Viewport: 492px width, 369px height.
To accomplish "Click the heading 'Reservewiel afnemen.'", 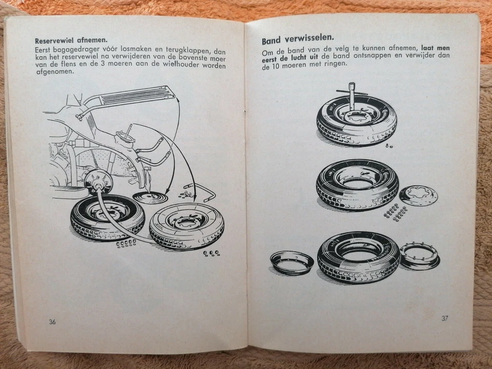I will (x=74, y=39).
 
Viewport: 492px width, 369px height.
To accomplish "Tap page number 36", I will (x=52, y=322).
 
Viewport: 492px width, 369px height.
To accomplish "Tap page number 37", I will (x=444, y=318).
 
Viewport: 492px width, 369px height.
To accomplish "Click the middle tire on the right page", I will (x=357, y=188).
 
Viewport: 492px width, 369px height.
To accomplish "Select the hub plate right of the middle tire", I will (x=418, y=195).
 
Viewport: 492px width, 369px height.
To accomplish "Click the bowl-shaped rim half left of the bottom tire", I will (x=292, y=262).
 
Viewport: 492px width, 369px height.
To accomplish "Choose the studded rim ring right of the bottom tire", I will (x=419, y=255).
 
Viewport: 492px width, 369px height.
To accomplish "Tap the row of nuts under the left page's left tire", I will (x=126, y=243).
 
